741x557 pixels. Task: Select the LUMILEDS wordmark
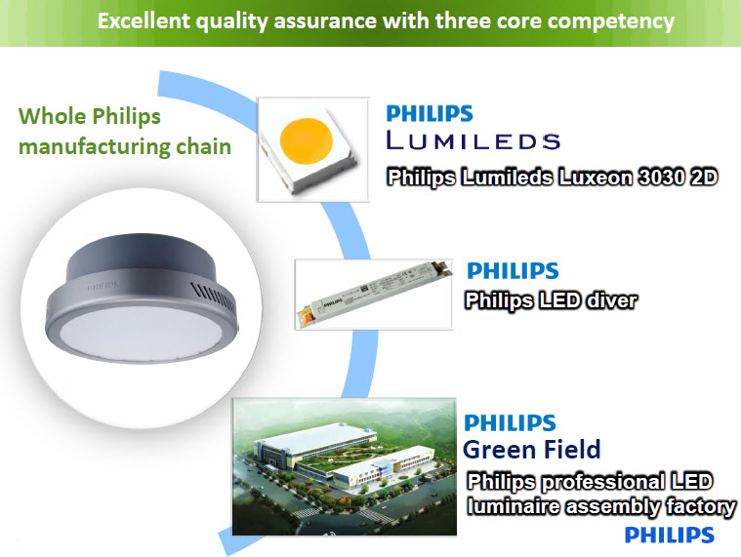pos(473,141)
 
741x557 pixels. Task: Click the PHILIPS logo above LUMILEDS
pos(430,113)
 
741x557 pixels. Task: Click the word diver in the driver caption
pos(606,300)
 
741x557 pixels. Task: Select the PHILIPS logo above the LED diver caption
pos(513,270)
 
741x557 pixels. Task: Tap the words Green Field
pos(532,450)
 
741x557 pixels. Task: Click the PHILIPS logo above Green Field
pos(510,422)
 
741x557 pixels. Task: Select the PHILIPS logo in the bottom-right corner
pos(670,535)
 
